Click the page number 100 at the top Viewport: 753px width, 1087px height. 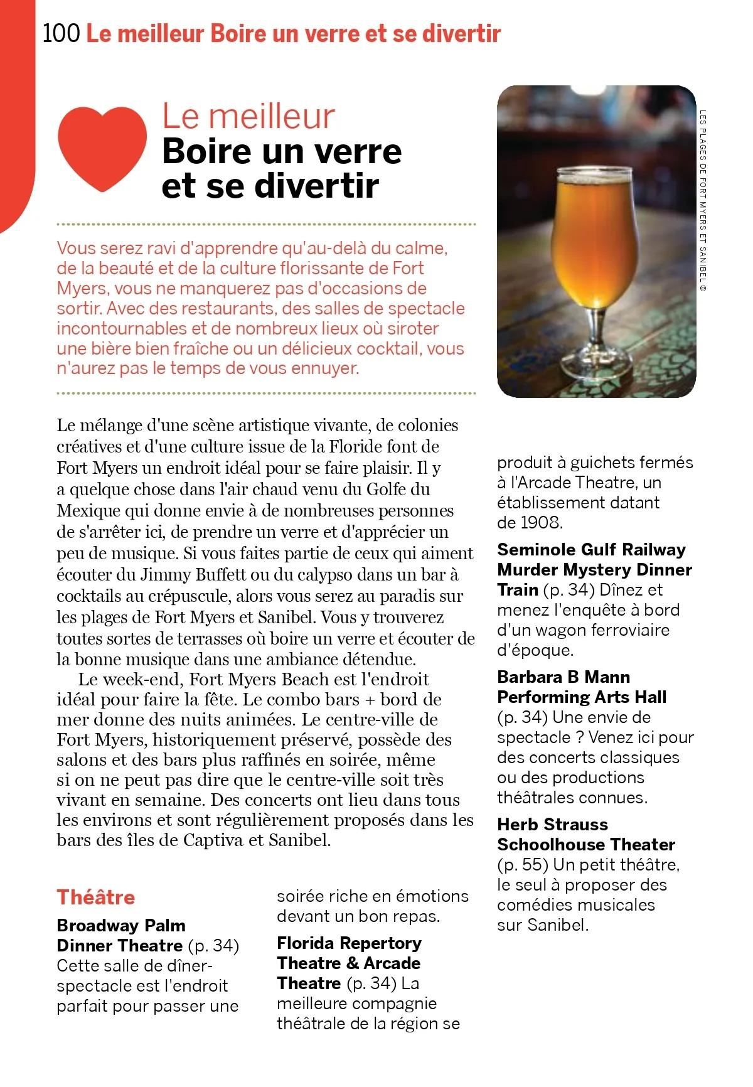61,33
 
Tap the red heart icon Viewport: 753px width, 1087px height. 102,147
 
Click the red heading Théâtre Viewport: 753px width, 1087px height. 96,897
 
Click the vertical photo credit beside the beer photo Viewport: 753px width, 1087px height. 703,201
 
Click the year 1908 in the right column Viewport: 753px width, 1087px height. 539,522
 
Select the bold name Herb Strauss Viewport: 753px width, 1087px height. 552,824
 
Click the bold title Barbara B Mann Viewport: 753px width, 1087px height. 563,677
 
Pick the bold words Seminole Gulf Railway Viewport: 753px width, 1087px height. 591,549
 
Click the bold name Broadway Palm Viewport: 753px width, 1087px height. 121,925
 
